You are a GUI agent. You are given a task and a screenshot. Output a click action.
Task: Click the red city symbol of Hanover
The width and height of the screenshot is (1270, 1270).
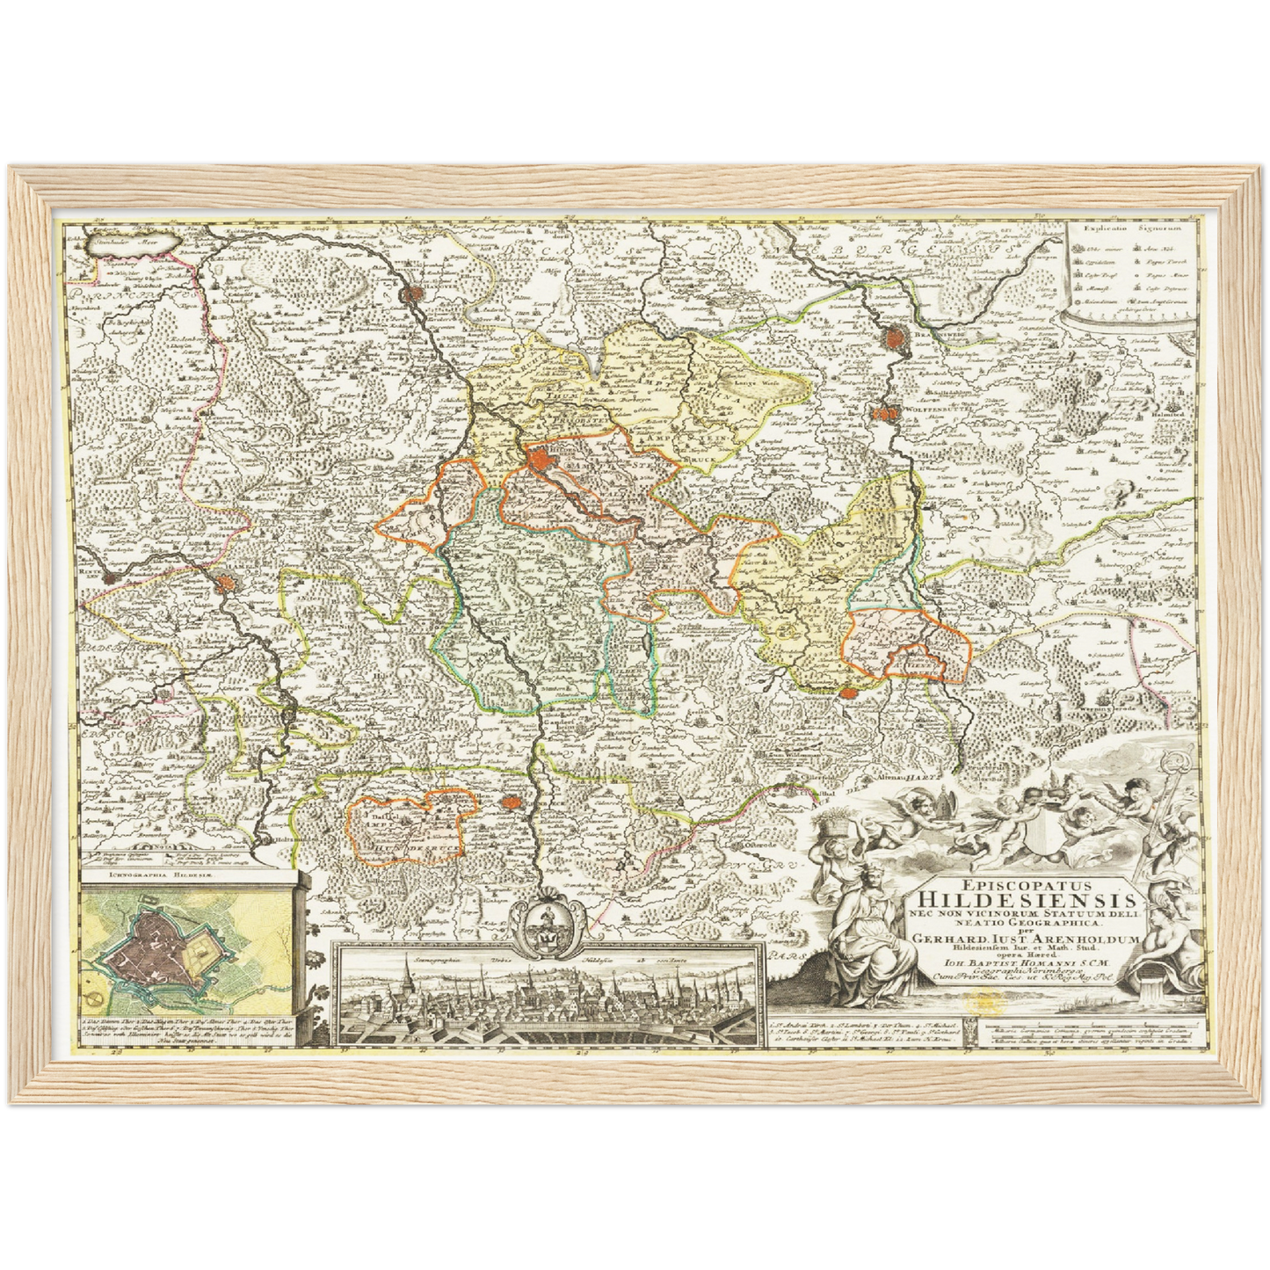(x=410, y=296)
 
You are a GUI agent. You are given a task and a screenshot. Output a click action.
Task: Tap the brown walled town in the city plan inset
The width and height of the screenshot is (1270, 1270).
(x=158, y=946)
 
